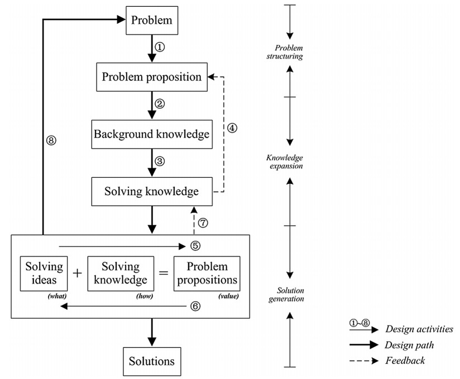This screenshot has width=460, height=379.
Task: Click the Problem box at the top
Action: (x=152, y=21)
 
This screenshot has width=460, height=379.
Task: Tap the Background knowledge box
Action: (x=152, y=134)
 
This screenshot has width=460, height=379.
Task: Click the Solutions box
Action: (x=152, y=361)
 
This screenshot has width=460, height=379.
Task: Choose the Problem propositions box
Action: (x=207, y=273)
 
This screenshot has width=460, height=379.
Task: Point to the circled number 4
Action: (x=232, y=127)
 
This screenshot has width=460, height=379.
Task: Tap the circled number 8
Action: (x=51, y=141)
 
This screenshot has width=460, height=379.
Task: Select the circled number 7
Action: (x=204, y=222)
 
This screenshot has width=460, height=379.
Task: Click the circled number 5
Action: (x=195, y=245)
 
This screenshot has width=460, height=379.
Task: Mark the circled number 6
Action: (x=195, y=306)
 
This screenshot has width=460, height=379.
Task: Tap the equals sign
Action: (x=164, y=273)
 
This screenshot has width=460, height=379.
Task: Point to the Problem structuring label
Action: (x=285, y=52)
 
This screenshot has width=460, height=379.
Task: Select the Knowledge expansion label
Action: (x=285, y=162)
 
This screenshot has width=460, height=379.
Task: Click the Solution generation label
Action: (x=290, y=295)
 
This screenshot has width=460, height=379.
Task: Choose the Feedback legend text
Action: (x=405, y=361)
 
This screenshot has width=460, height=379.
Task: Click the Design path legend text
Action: (x=409, y=345)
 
